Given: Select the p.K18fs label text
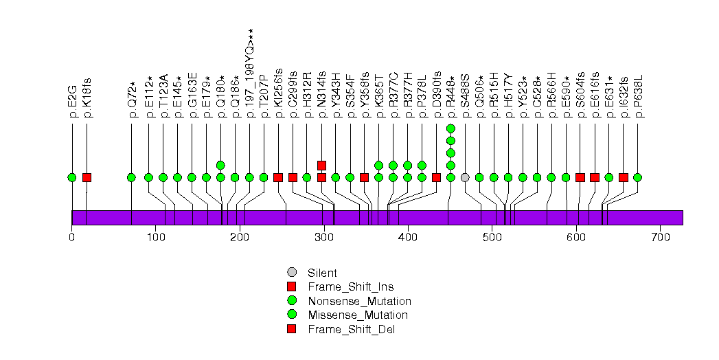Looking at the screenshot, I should point(87,99).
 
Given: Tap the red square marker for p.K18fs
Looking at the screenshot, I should point(87,177).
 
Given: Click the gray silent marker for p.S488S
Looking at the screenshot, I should point(465,177).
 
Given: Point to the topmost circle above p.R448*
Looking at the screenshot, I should point(450,128).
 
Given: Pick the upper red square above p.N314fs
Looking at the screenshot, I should point(321,165).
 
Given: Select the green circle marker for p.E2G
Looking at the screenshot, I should point(72,177).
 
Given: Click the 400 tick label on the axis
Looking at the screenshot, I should point(408,238).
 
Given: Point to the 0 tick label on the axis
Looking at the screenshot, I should point(72,238).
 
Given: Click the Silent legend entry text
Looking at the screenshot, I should point(323,273).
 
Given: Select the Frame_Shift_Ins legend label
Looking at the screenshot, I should point(351,286).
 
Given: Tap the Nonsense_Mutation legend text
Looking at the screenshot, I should point(360,301).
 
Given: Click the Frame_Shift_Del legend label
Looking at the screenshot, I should point(352,329).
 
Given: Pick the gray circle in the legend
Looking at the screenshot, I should point(292,273).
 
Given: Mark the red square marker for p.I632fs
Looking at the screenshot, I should point(624,177).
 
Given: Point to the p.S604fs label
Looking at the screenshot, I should point(580,97).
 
